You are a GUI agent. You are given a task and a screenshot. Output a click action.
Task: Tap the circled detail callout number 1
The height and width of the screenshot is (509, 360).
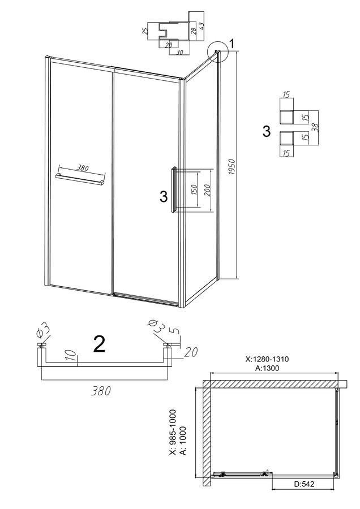pos(232,43)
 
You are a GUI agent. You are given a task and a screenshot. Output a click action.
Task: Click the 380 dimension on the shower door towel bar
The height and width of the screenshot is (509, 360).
pos(83,168)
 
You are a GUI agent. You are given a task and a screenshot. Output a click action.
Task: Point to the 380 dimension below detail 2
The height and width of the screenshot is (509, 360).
pos(101,391)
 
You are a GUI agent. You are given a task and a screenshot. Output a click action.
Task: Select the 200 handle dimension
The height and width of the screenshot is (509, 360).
pos(208,191)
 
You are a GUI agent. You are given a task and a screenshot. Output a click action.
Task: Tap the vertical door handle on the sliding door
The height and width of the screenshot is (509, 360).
pos(174,189)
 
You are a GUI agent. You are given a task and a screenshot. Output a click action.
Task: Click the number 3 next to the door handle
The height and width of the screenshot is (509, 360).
pos(164,196)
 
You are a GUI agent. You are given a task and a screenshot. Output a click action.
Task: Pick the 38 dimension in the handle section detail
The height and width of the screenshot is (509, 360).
pos(314,126)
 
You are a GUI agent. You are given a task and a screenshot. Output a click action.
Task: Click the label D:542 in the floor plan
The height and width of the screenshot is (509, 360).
pos(305,484)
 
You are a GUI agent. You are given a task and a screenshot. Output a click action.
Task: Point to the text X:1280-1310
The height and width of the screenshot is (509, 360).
pos(267,359)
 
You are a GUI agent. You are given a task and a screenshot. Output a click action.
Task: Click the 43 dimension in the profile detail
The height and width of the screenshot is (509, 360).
pos(202,26)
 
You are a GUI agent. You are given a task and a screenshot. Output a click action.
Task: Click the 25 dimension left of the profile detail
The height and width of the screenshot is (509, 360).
pos(146,31)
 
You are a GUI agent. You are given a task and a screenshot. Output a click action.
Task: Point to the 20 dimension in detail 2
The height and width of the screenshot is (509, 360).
pos(191,352)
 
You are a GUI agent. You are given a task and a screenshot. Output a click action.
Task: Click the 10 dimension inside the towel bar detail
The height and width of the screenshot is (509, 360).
pos(74,356)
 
